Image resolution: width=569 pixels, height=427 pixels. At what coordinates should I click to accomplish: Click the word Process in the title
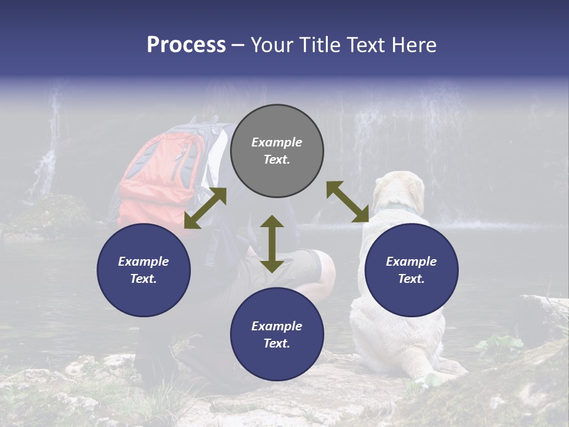pyautogui.click(x=186, y=45)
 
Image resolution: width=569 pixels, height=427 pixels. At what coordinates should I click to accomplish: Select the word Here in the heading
pyautogui.click(x=412, y=45)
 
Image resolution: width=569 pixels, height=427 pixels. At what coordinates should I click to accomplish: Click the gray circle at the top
pyautogui.click(x=277, y=151)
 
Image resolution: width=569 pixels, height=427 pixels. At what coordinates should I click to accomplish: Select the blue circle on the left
pyautogui.click(x=143, y=270)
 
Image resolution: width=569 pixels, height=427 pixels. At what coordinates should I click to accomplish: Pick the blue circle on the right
pyautogui.click(x=411, y=270)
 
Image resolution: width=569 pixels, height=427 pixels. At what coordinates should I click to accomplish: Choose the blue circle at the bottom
pyautogui.click(x=277, y=334)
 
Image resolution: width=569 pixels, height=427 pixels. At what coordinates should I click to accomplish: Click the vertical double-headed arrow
pyautogui.click(x=272, y=244)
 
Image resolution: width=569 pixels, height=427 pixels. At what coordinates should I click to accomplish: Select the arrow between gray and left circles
pyautogui.click(x=205, y=208)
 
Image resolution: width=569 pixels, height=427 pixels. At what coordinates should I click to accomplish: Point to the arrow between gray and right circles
pyautogui.click(x=347, y=202)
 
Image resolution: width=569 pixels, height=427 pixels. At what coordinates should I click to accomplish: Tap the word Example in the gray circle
pyautogui.click(x=277, y=142)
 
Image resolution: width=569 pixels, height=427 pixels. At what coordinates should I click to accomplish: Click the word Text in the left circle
pyautogui.click(x=143, y=279)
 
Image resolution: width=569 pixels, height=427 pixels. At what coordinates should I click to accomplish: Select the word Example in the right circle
pyautogui.click(x=411, y=262)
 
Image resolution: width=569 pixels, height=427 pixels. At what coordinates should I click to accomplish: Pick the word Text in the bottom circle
pyautogui.click(x=276, y=343)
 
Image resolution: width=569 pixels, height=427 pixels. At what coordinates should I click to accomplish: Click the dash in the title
pyautogui.click(x=238, y=45)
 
